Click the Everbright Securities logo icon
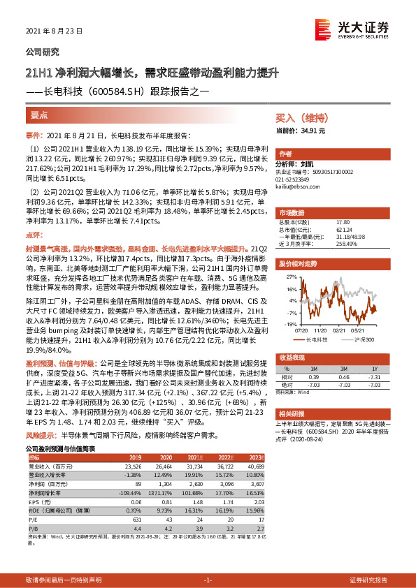point(322,29)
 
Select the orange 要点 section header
point(39,116)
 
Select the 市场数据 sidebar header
point(292,212)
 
